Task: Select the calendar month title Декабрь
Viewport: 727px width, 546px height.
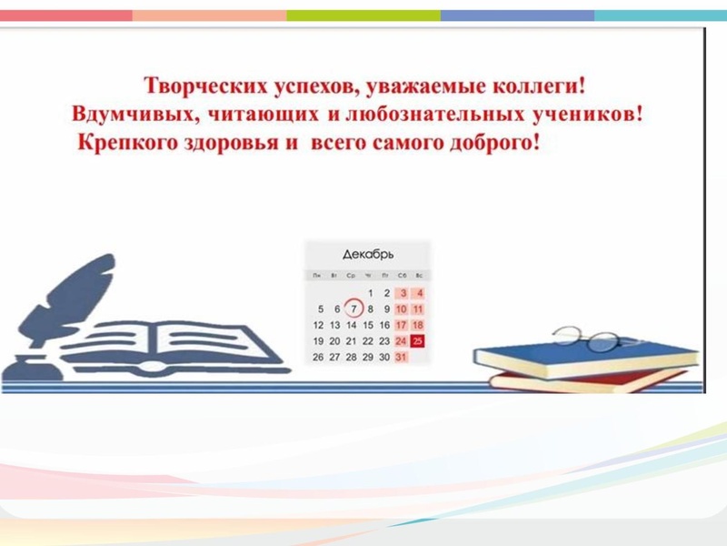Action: pyautogui.click(x=367, y=254)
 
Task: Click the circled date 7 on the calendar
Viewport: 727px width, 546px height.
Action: pyautogui.click(x=352, y=308)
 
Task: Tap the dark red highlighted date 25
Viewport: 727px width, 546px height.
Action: pyautogui.click(x=418, y=341)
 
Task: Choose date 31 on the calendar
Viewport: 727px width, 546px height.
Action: pyautogui.click(x=402, y=358)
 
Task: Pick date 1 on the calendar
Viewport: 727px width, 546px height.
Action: pyautogui.click(x=369, y=293)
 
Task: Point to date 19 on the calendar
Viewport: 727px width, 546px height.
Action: pyautogui.click(x=318, y=341)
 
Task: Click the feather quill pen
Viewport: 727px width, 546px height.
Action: pyautogui.click(x=77, y=291)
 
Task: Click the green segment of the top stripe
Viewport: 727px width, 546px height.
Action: pyautogui.click(x=363, y=15)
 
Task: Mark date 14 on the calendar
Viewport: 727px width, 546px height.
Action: pyautogui.click(x=352, y=325)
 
